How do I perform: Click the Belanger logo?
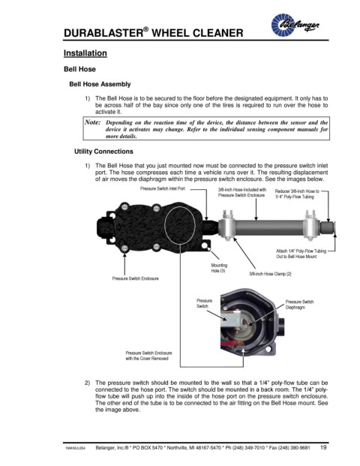(295, 25)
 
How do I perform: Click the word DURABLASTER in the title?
(103, 33)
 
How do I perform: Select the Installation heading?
(85, 53)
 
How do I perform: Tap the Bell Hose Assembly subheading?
(100, 84)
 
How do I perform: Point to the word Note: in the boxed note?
(93, 122)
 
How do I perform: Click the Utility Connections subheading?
(103, 152)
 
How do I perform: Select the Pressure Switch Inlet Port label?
(163, 188)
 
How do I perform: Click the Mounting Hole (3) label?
(219, 268)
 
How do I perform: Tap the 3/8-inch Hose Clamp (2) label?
(270, 274)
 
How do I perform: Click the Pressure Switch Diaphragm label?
(299, 305)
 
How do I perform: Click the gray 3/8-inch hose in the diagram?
(269, 228)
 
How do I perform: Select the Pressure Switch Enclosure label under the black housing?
(136, 278)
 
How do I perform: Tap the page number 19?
(323, 447)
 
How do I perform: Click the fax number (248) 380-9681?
(295, 447)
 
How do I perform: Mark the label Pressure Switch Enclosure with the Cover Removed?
(148, 356)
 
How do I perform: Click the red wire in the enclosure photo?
(230, 344)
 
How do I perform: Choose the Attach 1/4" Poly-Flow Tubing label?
(301, 254)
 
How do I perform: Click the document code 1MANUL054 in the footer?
(75, 448)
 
